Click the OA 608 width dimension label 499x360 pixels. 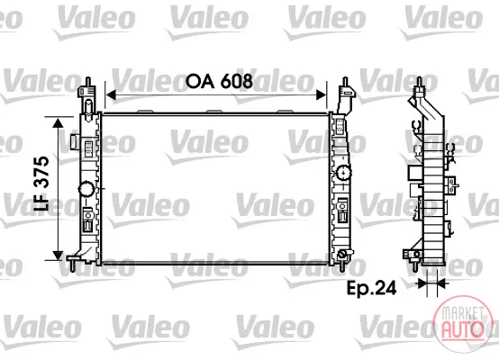click(x=219, y=81)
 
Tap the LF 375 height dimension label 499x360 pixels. click(x=41, y=184)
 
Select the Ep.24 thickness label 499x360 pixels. click(x=371, y=288)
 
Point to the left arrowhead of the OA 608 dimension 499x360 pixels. click(x=111, y=94)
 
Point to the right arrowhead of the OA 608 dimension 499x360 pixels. click(x=322, y=94)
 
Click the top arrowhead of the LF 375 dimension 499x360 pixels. click(x=58, y=122)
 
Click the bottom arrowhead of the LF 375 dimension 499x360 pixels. click(x=58, y=255)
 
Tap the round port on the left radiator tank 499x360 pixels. click(x=86, y=190)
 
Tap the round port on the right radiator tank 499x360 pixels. click(x=344, y=173)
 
